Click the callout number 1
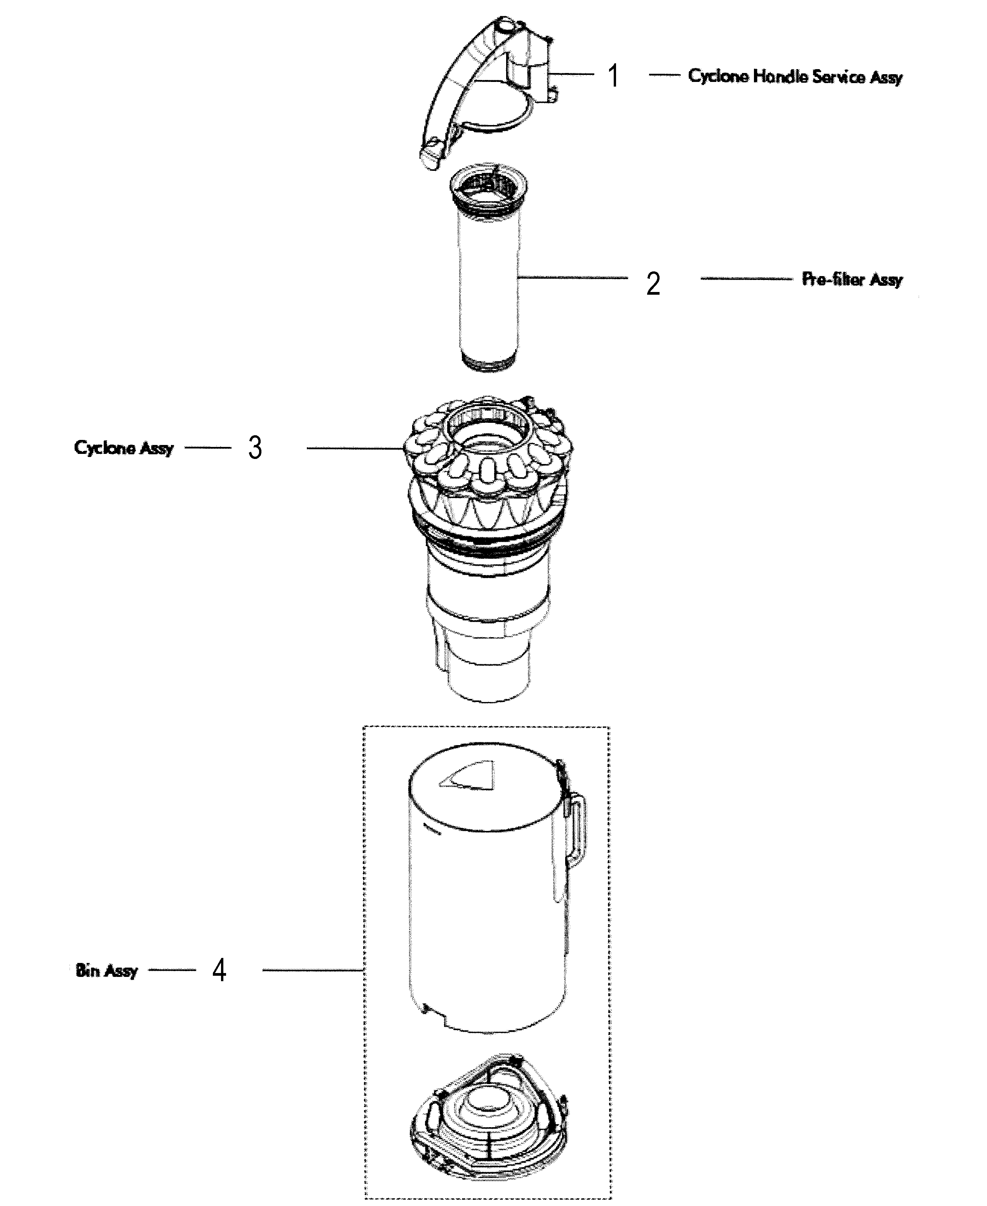612,76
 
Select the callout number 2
653,283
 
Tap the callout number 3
255,448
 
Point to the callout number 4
219,970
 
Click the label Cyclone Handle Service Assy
795,76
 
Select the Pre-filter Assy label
852,279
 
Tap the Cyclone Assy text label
124,448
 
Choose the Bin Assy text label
106,970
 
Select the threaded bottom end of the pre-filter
490,363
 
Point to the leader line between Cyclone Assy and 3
208,448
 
